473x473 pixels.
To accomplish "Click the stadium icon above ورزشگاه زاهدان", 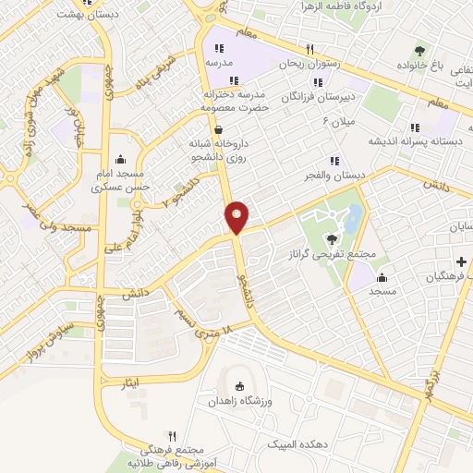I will tap(242, 387).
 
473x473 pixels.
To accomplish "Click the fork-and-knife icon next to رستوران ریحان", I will tap(311, 50).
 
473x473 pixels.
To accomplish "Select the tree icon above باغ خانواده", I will tap(421, 51).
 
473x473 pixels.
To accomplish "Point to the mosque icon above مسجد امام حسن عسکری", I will tap(122, 160).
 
